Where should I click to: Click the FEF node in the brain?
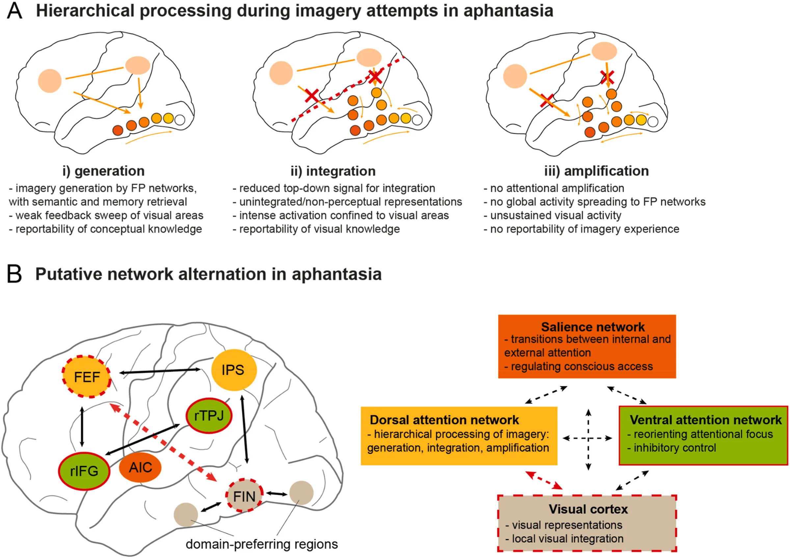[86, 377]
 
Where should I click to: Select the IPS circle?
[234, 370]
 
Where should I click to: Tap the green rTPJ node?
[209, 416]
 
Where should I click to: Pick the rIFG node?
[84, 471]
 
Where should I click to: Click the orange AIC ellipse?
[140, 467]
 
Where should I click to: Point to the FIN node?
[244, 496]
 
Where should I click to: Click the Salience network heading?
[593, 327]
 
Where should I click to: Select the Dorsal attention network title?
[444, 420]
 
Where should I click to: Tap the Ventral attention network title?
[706, 420]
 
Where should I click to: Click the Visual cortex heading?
[588, 509]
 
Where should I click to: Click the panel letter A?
[15, 11]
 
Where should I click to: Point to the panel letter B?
[14, 274]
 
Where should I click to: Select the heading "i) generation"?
[103, 171]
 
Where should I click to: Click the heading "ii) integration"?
[333, 171]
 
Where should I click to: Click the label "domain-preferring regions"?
[262, 544]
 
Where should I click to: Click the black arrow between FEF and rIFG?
[82, 427]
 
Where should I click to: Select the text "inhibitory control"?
[675, 448]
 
